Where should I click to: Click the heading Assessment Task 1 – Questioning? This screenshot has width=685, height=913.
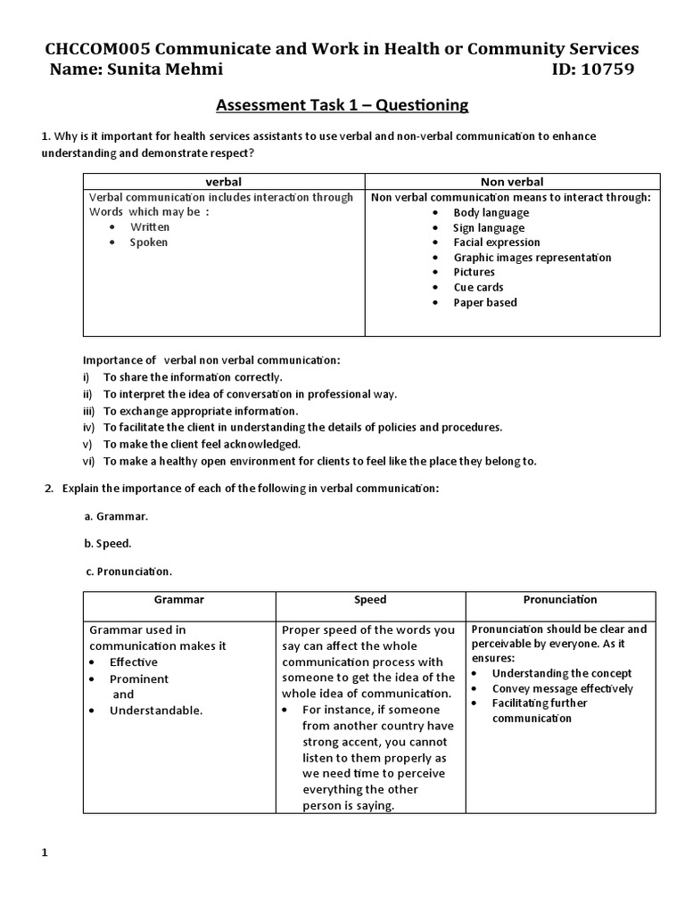coord(342,105)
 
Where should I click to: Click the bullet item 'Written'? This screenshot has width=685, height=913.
coord(149,227)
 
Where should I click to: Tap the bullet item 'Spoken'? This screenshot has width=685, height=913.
coord(148,243)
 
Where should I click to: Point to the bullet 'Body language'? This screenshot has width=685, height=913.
coord(491,212)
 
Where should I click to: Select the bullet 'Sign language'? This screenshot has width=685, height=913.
coord(489,227)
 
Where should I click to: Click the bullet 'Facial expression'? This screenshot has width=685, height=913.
coord(496,243)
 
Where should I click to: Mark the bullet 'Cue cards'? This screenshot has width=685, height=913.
coord(478,287)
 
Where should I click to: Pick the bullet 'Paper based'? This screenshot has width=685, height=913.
coord(484,302)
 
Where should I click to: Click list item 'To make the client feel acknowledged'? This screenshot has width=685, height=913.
coord(202,443)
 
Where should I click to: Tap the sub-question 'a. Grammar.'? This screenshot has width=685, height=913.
coord(116,516)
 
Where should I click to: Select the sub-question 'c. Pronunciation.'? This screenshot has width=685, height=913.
coord(128,570)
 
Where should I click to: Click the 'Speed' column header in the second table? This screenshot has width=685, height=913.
coord(370,600)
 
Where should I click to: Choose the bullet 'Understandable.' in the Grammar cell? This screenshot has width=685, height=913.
coord(156,711)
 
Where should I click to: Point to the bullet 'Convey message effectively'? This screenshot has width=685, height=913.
coord(562,688)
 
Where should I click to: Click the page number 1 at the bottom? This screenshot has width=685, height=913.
coord(45,853)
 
